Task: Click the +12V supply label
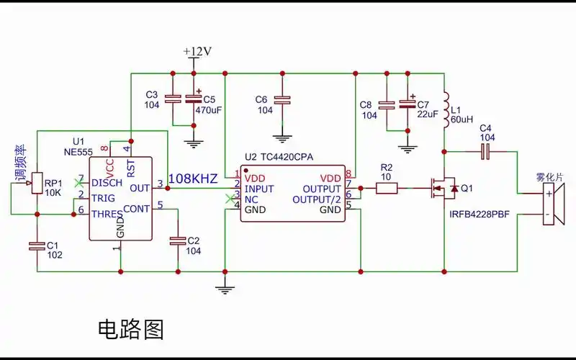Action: (197, 51)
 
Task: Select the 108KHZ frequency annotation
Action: (193, 179)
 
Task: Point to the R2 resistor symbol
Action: (387, 189)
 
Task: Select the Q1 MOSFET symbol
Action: (442, 189)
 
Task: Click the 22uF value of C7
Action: (428, 114)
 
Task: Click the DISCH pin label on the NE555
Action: (107, 183)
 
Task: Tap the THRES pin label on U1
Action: (107, 212)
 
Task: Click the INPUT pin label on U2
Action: (261, 188)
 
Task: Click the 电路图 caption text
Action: (130, 329)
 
